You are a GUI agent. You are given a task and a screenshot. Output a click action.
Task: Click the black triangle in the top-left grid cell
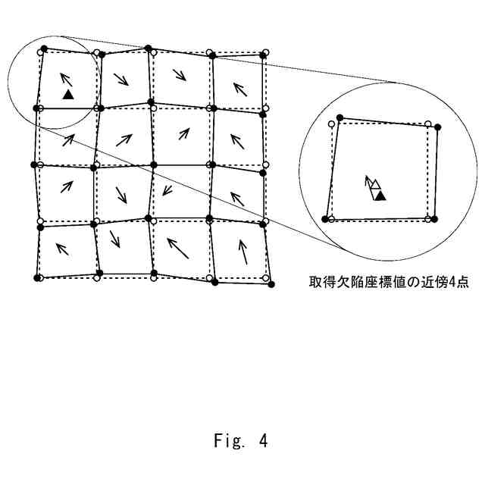(x=68, y=94)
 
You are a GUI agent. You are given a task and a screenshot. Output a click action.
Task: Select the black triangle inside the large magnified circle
(x=380, y=196)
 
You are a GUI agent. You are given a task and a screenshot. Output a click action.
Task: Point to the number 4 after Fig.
(x=262, y=440)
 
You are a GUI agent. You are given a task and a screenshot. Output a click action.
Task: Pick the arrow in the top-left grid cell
(x=66, y=79)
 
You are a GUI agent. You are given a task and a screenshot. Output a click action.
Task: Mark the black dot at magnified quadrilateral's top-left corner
(x=340, y=117)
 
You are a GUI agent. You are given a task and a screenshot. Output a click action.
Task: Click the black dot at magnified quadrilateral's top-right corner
(x=438, y=126)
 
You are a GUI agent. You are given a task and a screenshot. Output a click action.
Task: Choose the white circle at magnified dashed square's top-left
(x=332, y=123)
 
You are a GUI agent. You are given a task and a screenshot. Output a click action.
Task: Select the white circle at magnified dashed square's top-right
(x=428, y=124)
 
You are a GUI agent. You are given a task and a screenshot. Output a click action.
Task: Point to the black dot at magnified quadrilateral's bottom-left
(x=326, y=218)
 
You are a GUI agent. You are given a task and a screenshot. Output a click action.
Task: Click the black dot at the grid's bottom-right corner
(x=271, y=283)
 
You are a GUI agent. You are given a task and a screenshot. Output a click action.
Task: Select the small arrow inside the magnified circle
(x=371, y=183)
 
